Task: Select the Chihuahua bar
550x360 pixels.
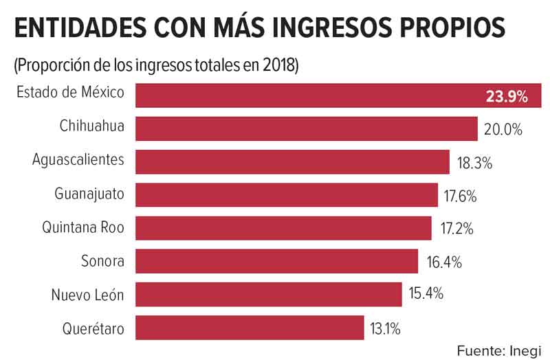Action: (306, 128)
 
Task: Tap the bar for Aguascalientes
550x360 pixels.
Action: (292, 162)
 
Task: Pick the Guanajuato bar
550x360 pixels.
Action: (287, 195)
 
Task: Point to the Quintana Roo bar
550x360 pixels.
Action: (283, 228)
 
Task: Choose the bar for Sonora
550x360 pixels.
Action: (276, 261)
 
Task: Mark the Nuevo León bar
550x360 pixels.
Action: (268, 294)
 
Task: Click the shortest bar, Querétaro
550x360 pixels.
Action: (250, 328)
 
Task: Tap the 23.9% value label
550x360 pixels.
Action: (507, 97)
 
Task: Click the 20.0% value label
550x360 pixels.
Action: (503, 130)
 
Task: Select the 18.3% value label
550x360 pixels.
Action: (475, 164)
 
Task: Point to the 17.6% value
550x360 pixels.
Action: (460, 196)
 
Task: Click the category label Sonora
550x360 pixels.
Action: (102, 261)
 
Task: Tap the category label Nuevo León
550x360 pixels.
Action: (88, 295)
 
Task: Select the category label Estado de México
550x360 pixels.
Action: (70, 93)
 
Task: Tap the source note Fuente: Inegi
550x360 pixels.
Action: (499, 348)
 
